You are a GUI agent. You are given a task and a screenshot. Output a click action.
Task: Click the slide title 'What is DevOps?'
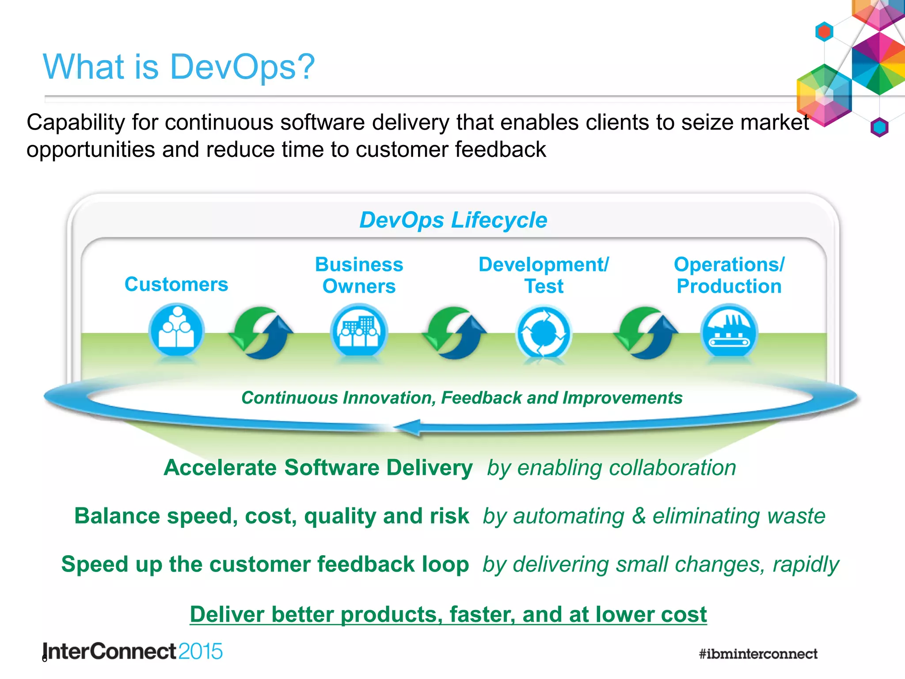(x=179, y=67)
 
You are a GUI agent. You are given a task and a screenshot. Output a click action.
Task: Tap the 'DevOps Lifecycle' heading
(x=453, y=220)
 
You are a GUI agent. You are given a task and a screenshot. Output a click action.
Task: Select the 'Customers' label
(x=176, y=284)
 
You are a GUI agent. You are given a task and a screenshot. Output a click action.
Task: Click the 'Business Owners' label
(x=359, y=275)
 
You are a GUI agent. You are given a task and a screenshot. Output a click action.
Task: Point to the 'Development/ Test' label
(x=544, y=275)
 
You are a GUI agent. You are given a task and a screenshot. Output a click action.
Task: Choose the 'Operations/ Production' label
(x=729, y=275)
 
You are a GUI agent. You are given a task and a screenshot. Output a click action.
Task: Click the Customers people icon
(x=176, y=331)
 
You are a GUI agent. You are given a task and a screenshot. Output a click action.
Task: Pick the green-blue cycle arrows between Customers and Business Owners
(x=261, y=333)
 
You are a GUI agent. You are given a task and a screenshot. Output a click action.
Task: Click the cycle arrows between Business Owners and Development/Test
(x=454, y=333)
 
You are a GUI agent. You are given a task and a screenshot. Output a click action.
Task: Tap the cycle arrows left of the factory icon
(x=646, y=333)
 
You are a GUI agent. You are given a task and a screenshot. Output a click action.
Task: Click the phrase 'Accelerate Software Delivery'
(x=318, y=468)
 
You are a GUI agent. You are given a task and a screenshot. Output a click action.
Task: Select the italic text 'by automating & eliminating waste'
(x=654, y=516)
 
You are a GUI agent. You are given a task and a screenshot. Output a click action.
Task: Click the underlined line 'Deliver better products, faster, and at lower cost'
(x=448, y=614)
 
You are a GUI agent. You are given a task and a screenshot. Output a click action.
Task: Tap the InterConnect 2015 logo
(x=133, y=652)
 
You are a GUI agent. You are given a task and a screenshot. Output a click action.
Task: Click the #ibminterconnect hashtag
(x=758, y=654)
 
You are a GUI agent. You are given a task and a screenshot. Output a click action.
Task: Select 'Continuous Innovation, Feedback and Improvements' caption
(x=462, y=398)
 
